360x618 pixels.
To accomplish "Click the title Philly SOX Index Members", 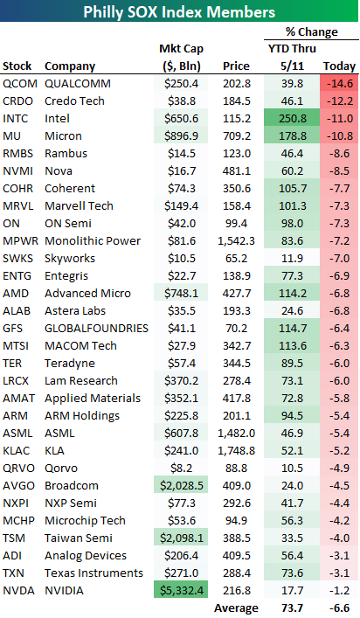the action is tap(179, 12).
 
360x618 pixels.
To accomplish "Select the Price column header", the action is tap(236, 66).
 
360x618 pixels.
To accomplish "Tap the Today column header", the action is tap(339, 66).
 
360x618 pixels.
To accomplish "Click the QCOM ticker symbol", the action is tap(20, 84).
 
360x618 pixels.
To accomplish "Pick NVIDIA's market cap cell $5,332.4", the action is tap(182, 590).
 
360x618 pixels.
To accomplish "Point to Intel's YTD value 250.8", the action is tap(292, 118).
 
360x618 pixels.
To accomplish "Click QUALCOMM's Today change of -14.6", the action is tap(339, 84).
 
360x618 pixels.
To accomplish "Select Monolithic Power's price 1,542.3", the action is tap(236, 240).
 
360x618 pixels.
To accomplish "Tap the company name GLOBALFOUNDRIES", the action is tap(96, 328).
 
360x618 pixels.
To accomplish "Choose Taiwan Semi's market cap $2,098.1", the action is tap(182, 538).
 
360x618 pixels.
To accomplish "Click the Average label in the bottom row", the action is tap(236, 608).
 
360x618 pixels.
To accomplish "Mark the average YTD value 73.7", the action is tap(292, 608).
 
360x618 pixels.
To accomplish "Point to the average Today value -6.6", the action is tap(339, 608).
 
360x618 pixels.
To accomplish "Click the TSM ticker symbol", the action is tap(14, 538).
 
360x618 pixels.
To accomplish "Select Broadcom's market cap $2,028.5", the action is tap(182, 486).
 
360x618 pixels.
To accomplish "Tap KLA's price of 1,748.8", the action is tap(236, 450).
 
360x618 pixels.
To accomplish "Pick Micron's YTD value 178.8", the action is tap(292, 136).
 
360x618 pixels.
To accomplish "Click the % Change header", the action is tap(312, 31).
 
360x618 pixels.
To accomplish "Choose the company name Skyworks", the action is tap(70, 258).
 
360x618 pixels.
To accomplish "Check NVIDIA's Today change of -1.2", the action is tap(339, 590).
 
